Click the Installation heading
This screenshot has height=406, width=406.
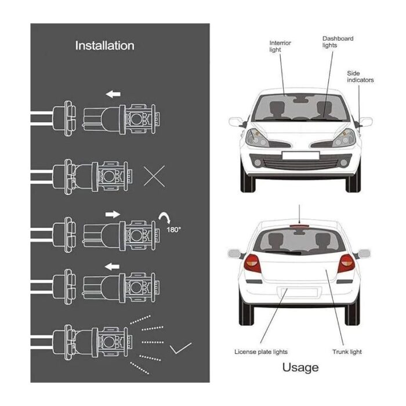(x=104, y=46)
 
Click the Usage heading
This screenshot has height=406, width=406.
(x=300, y=368)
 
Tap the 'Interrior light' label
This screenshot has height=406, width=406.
(x=280, y=46)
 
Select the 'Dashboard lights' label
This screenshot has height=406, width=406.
(x=338, y=42)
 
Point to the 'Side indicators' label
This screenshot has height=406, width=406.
(x=360, y=77)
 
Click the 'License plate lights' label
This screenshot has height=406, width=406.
(x=261, y=351)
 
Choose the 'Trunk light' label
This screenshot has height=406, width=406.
(x=347, y=351)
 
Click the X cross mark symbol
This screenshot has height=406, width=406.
(x=154, y=176)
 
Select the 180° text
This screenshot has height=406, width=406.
(x=173, y=230)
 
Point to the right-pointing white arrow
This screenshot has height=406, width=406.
(x=113, y=215)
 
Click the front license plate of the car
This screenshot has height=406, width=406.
(x=300, y=155)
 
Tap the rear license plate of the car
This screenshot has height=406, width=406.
(x=300, y=292)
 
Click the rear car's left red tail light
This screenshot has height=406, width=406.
(x=252, y=263)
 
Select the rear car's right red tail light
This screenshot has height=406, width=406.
(x=346, y=263)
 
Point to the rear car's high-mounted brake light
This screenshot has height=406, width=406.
(x=300, y=226)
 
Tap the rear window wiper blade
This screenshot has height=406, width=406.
(x=282, y=252)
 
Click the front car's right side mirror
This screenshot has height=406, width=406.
(x=365, y=122)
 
